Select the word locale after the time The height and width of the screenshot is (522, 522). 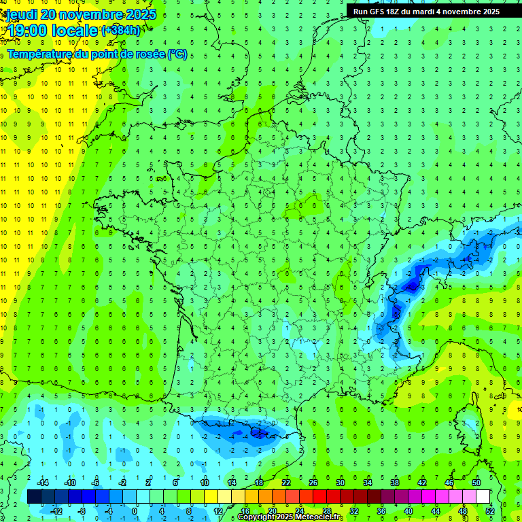pyautogui.click(x=77, y=31)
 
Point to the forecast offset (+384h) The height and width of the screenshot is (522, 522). pyautogui.click(x=120, y=31)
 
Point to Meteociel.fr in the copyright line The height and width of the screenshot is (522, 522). pyautogui.click(x=318, y=517)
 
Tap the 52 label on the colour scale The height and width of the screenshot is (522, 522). pyautogui.click(x=489, y=511)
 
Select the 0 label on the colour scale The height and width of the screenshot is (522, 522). pyautogui.click(x=134, y=511)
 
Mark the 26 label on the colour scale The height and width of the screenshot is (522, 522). pyautogui.click(x=313, y=482)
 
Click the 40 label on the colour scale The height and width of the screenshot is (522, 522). pyautogui.click(x=408, y=511)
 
